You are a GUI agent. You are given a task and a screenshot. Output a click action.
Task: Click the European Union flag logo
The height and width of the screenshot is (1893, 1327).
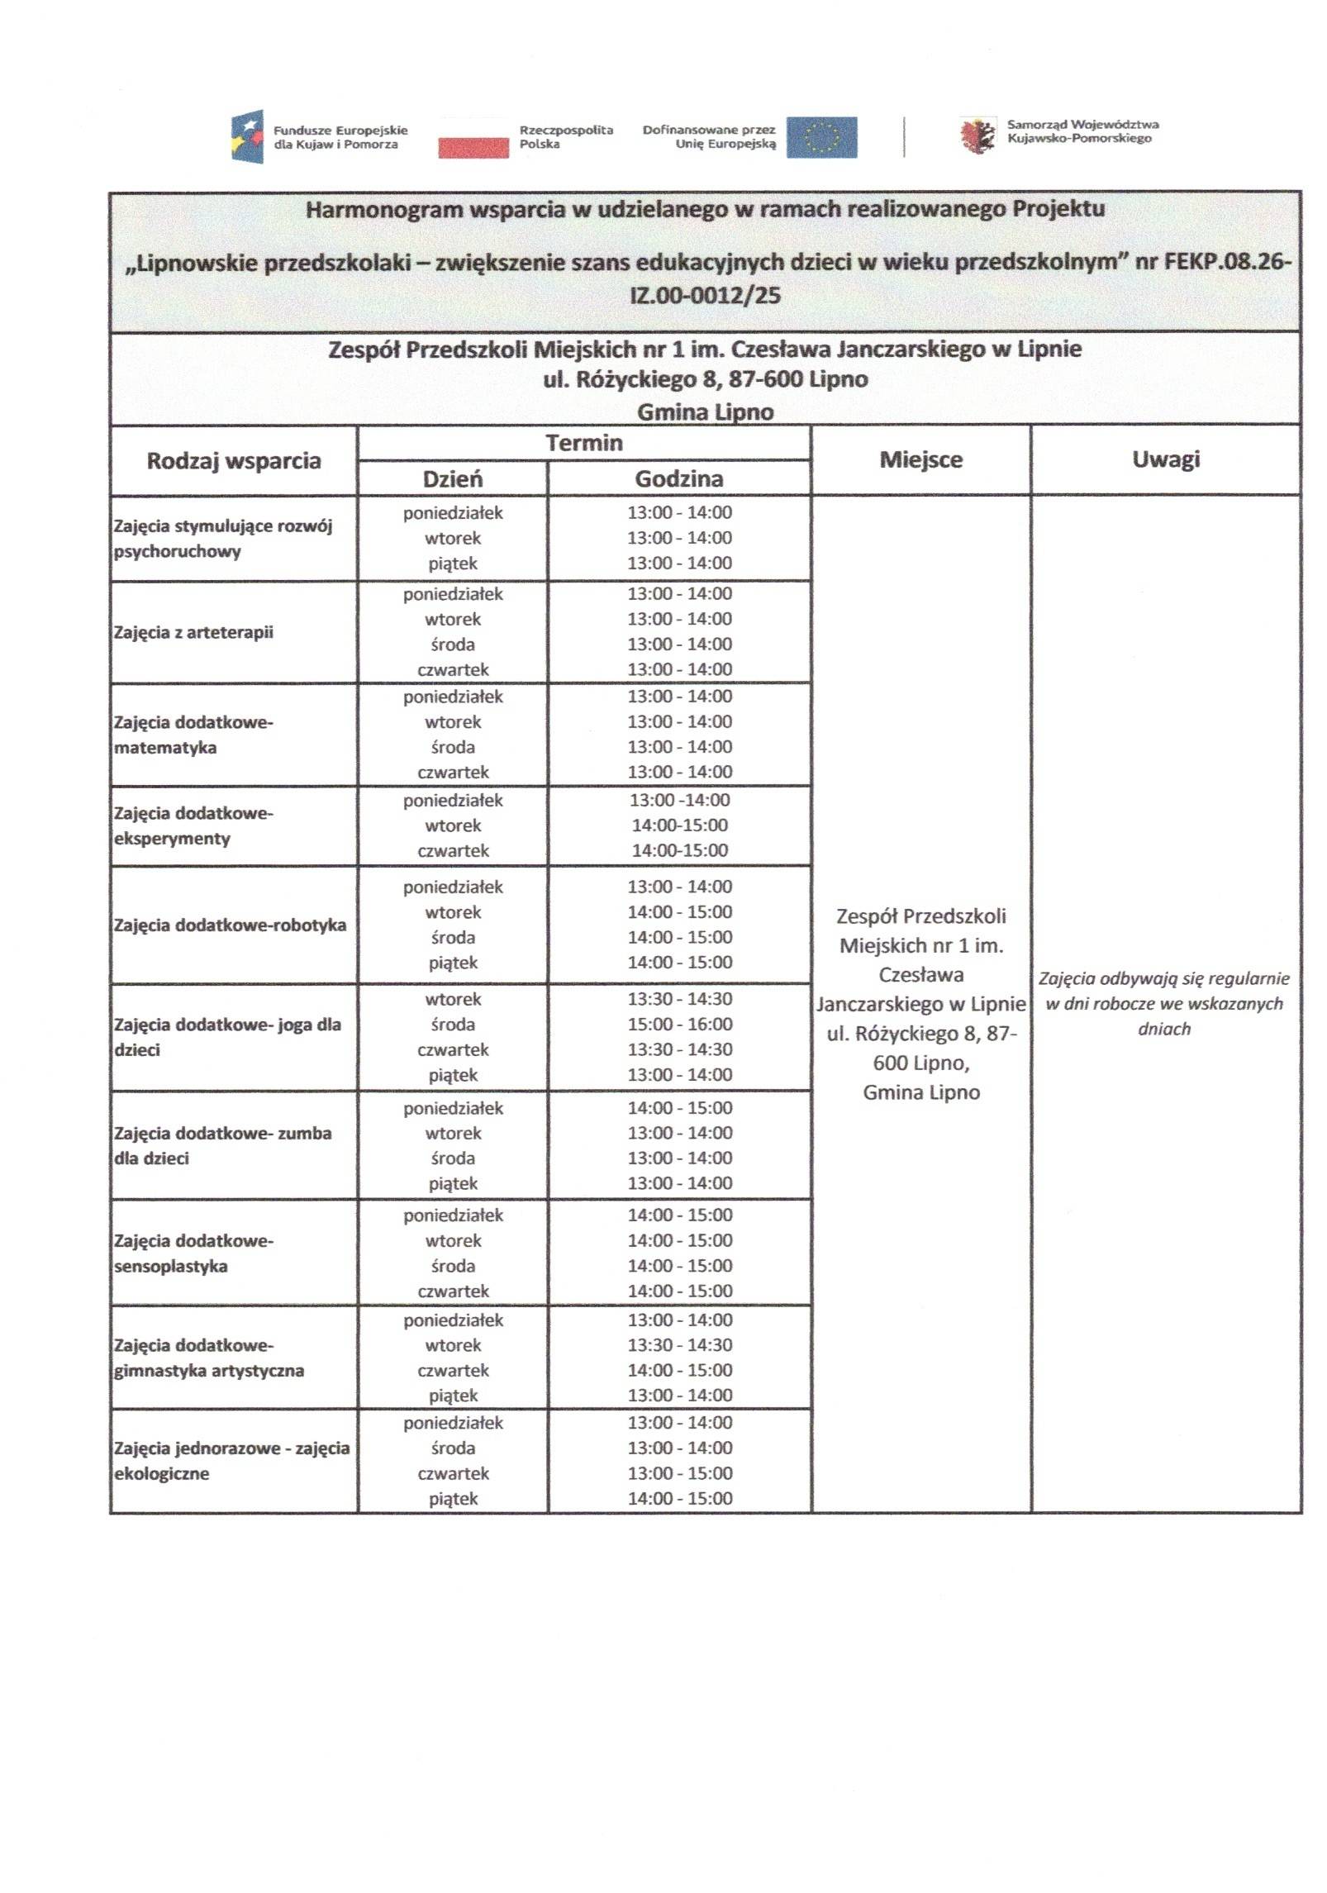click(820, 137)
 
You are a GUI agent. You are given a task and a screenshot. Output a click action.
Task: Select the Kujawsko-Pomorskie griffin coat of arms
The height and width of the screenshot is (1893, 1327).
click(977, 136)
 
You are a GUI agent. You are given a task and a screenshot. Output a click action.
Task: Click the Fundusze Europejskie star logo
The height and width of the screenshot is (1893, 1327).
click(247, 136)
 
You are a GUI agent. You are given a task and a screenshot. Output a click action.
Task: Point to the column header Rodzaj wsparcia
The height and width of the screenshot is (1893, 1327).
click(234, 460)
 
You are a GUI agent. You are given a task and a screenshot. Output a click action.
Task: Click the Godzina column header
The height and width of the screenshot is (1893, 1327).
click(678, 478)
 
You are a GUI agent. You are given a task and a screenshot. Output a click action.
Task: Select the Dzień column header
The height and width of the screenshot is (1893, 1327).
click(453, 479)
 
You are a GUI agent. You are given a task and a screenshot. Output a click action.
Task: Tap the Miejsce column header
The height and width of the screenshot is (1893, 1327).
click(920, 459)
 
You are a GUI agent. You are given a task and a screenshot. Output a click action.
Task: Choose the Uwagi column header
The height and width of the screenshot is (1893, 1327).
click(1165, 459)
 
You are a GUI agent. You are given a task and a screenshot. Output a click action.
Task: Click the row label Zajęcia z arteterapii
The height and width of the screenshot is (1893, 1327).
click(193, 632)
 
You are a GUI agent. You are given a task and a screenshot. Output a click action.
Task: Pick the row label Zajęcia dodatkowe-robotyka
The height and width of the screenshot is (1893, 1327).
click(230, 925)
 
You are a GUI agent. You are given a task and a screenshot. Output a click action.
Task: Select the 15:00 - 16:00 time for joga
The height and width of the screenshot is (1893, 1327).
click(679, 1024)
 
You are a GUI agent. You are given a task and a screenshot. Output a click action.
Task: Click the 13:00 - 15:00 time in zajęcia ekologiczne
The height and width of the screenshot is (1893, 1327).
click(679, 1472)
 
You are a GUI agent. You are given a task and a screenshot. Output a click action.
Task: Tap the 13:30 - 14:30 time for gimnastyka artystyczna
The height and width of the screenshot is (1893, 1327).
click(679, 1344)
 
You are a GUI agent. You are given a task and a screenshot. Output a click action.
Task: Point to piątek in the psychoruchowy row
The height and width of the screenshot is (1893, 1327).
click(453, 564)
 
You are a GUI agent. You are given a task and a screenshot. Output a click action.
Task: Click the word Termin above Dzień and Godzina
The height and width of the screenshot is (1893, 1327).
click(583, 443)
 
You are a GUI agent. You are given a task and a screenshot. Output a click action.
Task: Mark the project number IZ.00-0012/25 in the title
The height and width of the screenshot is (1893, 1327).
click(705, 295)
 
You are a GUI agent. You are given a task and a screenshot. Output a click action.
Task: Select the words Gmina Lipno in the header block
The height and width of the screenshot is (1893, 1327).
click(705, 411)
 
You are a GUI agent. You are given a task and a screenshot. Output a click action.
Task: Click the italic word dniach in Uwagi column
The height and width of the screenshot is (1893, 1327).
click(1163, 1029)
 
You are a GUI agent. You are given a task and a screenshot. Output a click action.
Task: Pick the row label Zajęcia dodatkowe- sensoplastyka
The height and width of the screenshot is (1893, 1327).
click(193, 1253)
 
